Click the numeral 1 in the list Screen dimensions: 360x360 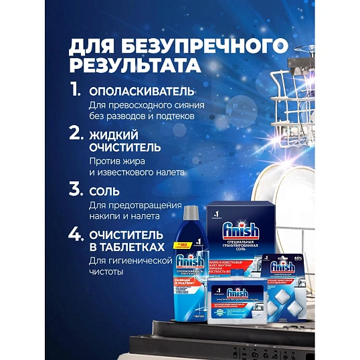76,90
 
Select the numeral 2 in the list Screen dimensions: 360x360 76,134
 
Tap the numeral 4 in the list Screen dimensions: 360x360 77,235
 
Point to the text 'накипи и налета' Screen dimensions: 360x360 124,216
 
